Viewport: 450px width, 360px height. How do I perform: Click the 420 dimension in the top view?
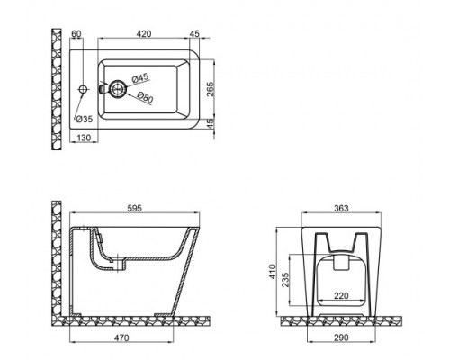pyautogui.click(x=136, y=35)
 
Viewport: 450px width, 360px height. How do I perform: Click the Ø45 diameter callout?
pyautogui.click(x=140, y=78)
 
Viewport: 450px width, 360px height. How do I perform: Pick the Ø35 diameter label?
pyautogui.click(x=83, y=119)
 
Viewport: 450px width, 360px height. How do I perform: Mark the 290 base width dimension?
pyautogui.click(x=340, y=340)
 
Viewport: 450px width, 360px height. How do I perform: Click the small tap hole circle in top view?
pyautogui.click(x=82, y=89)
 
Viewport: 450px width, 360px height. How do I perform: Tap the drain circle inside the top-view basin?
pyautogui.click(x=115, y=89)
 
